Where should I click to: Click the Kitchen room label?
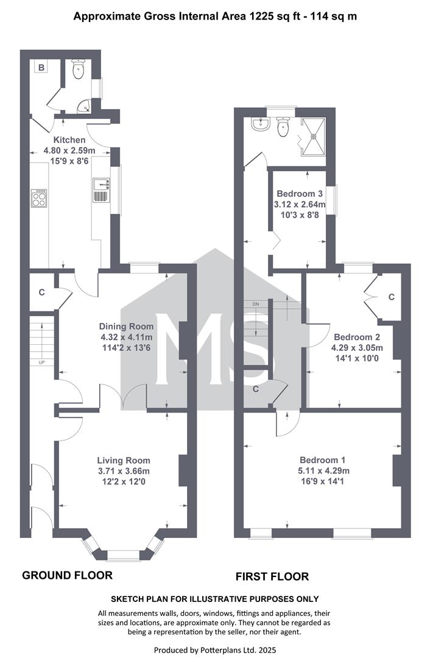pos(69,140)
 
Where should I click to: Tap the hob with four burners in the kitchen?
pos(39,198)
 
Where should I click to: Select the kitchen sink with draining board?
pos(101,190)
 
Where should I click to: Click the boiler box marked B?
pos(41,68)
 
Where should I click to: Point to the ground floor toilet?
pos(79,69)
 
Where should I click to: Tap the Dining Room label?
pos(126,327)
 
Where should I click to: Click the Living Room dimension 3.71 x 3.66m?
pos(124,471)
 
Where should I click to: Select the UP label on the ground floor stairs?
pos(41,363)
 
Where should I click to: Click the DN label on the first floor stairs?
pos(256,304)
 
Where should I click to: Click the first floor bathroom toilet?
pos(283,126)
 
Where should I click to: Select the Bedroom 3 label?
pos(300,194)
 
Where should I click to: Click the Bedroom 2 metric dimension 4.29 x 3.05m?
pos(357,348)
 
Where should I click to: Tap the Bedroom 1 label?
pos(323,461)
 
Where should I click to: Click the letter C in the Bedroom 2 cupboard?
pos(392,297)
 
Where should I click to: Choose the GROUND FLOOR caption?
pos(67,575)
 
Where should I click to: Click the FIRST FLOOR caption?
pos(272,576)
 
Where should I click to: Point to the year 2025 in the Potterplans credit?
pos(267,650)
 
